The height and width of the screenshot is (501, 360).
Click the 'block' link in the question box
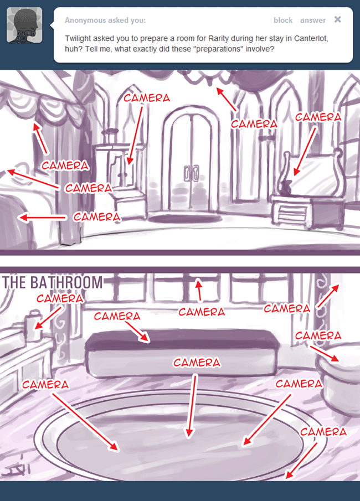point(283,20)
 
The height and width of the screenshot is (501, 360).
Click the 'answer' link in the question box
point(313,20)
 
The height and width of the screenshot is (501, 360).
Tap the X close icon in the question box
point(338,19)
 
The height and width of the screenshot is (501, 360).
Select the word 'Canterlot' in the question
point(311,39)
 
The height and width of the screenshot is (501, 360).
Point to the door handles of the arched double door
point(191,173)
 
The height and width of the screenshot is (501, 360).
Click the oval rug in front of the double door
point(185,219)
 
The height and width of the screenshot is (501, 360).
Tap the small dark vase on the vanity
point(286,187)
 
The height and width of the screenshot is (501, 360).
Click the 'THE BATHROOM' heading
point(53,282)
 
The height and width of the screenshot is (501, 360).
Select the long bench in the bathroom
point(182,353)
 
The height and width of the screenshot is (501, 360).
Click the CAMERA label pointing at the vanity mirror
point(318,117)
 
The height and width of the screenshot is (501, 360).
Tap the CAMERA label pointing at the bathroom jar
point(60,298)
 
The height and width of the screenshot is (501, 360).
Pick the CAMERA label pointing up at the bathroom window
point(202,312)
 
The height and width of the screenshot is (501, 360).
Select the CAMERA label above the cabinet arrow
point(147,98)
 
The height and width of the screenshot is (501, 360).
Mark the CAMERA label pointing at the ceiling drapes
point(254,124)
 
